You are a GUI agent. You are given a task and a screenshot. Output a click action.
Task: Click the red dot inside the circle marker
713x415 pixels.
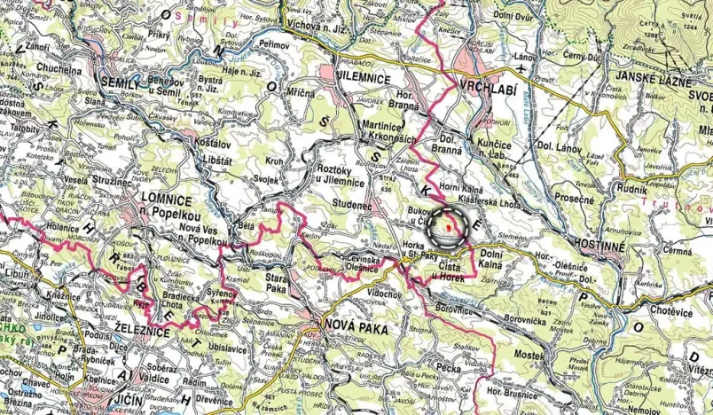[x=449, y=228]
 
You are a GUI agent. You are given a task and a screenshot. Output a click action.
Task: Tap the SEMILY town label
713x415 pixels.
[x=122, y=82]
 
